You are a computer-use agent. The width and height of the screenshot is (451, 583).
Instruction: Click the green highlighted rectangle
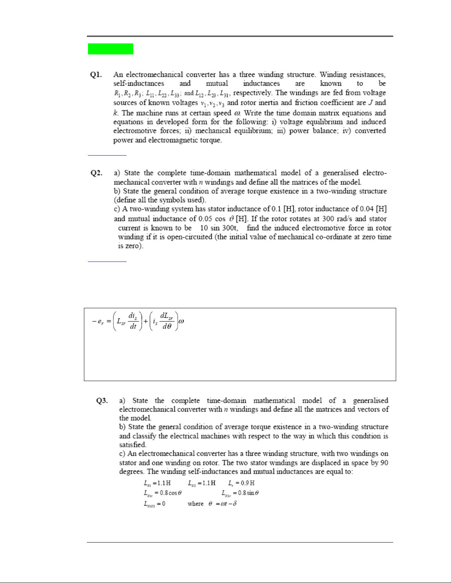[x=110, y=49]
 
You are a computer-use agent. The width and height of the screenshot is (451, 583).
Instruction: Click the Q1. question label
[x=96, y=75]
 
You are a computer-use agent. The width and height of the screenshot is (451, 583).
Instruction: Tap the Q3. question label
[x=102, y=401]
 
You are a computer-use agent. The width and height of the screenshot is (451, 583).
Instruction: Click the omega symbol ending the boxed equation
[x=181, y=321]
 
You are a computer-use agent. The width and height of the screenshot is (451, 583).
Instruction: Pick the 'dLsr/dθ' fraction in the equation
[x=167, y=321]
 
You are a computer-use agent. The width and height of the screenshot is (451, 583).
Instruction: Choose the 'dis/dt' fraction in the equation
[x=133, y=321]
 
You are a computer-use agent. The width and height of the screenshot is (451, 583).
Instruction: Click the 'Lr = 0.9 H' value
[x=242, y=483]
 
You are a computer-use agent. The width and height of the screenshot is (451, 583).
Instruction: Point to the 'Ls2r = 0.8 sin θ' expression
[x=240, y=493]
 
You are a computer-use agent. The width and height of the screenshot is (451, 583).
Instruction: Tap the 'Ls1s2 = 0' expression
[x=154, y=504]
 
